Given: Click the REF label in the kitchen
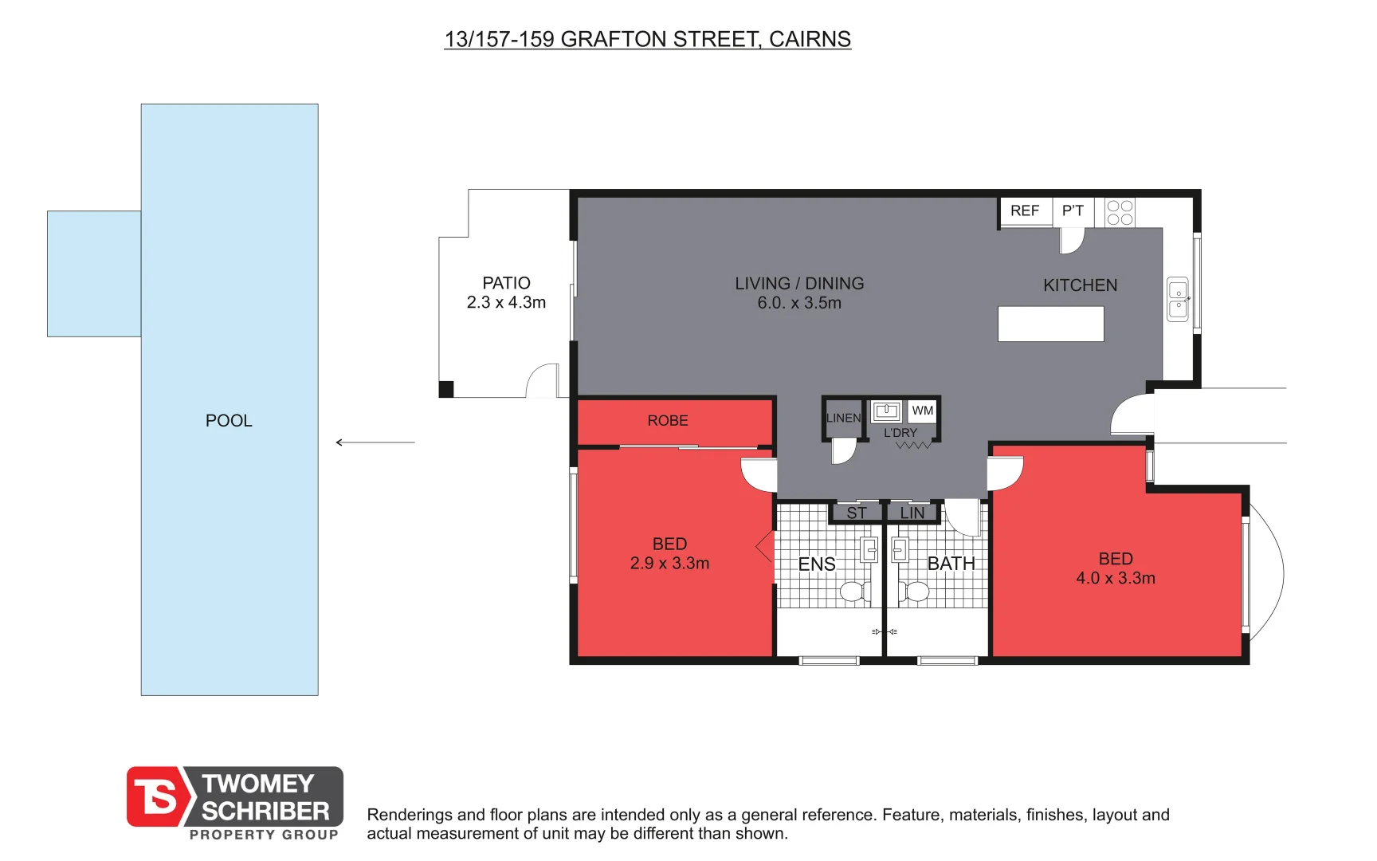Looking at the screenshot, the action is [1024, 210].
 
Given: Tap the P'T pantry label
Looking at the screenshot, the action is [1073, 210].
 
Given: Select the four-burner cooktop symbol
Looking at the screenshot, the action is [1120, 212].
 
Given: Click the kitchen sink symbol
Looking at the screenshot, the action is [1178, 300].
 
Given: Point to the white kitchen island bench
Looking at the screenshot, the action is [1050, 324].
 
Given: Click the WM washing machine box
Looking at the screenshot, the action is [923, 411].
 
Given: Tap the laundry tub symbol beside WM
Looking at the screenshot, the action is [886, 411].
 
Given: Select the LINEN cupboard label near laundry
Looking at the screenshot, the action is [843, 418].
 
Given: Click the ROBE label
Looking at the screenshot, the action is [668, 421].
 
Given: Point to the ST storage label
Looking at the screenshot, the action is [857, 513].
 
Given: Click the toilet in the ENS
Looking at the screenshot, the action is [853, 592].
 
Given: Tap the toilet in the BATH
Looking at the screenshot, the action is [914, 592].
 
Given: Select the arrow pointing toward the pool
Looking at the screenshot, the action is [375, 442].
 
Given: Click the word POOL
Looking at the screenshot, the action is [229, 421].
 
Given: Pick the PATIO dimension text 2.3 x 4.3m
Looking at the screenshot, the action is [506, 303].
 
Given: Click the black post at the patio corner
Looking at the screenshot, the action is [446, 389].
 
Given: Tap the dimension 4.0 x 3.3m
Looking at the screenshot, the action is [1116, 579].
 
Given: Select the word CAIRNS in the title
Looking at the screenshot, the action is [810, 39].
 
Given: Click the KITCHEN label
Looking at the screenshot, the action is [1080, 285].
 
